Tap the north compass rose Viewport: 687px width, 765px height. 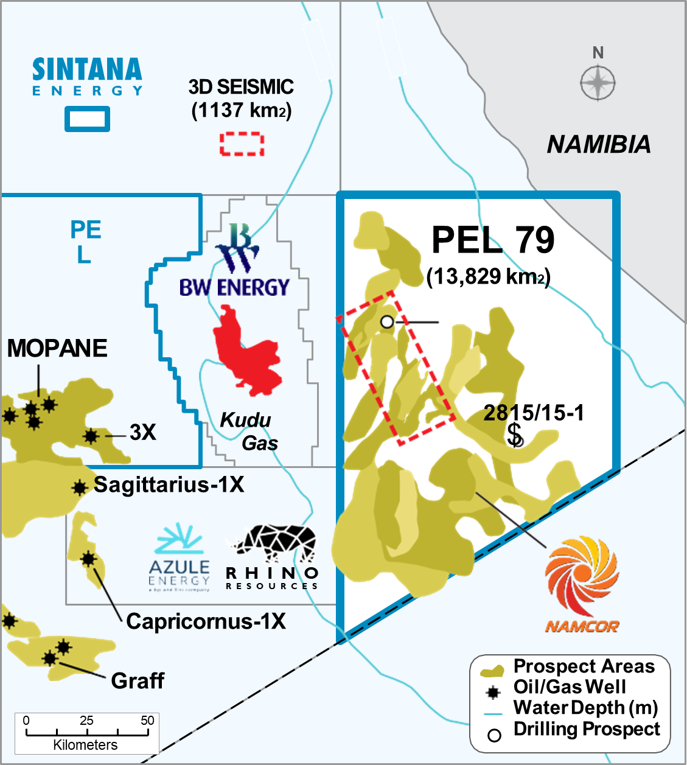pyautogui.click(x=598, y=83)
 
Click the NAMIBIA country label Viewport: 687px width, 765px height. pyautogui.click(x=599, y=144)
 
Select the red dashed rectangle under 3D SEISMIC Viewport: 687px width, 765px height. pyautogui.click(x=242, y=144)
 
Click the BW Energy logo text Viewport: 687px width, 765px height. pyautogui.click(x=234, y=287)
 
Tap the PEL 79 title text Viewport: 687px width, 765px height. pyautogui.click(x=493, y=240)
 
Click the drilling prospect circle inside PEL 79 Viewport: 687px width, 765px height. pyautogui.click(x=387, y=321)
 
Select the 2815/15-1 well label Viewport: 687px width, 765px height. pyautogui.click(x=534, y=413)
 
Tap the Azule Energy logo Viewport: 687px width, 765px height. pyautogui.click(x=180, y=556)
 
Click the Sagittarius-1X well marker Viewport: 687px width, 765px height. pyautogui.click(x=79, y=487)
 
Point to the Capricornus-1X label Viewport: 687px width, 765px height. pyautogui.click(x=206, y=621)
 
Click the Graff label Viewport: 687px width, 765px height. pyautogui.click(x=138, y=680)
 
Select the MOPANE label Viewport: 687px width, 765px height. pyautogui.click(x=57, y=348)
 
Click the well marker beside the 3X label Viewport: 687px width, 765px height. pyautogui.click(x=91, y=436)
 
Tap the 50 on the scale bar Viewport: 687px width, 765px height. pyautogui.click(x=147, y=721)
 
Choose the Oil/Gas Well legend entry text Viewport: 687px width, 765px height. pyautogui.click(x=570, y=687)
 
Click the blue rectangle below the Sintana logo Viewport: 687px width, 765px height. pyautogui.click(x=88, y=119)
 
